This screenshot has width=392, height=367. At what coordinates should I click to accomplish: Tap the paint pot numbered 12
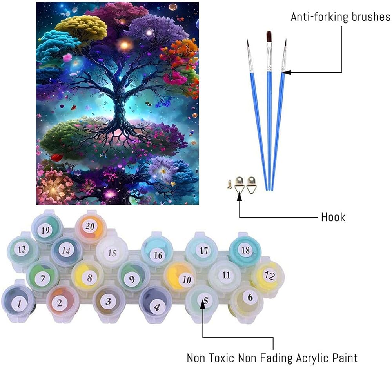(x=268, y=276)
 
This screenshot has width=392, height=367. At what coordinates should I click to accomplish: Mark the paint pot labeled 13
(x=22, y=249)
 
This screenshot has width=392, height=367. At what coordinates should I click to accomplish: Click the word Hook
(x=333, y=217)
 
